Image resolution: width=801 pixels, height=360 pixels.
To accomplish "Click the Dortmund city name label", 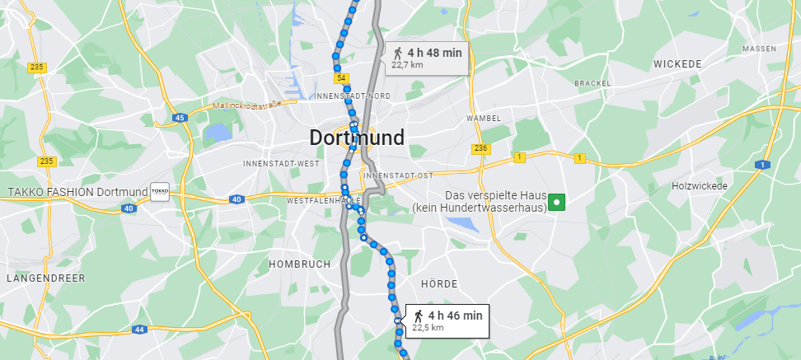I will coord(357,138).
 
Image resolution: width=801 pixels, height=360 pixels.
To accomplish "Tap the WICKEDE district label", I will coord(677,63).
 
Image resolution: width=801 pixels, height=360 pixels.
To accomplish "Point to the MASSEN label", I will coord(759,49).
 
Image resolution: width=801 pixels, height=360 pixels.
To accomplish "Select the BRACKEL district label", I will coord(593,83).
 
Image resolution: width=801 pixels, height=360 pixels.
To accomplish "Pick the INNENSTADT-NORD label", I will coord(353,96).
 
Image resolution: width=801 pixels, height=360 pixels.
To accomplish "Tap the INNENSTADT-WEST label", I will coord(281,164).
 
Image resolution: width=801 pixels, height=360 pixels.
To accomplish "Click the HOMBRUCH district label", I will coord(299,264).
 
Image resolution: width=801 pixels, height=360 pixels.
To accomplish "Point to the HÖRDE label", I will coord(438,283).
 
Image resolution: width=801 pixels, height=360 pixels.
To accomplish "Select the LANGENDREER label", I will coord(40,278).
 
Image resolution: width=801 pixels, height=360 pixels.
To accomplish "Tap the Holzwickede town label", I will coord(700,186).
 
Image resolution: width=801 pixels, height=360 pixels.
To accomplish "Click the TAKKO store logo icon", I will coord(160,191).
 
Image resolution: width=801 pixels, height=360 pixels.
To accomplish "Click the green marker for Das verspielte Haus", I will coord(558,201).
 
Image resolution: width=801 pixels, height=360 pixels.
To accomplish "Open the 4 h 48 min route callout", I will coord(427,57).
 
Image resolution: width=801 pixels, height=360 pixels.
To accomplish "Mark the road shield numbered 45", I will coord(180,118).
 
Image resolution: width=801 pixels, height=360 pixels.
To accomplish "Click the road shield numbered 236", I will coord(481,148).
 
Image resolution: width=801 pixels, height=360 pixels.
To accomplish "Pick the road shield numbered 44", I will coord(138,330).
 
